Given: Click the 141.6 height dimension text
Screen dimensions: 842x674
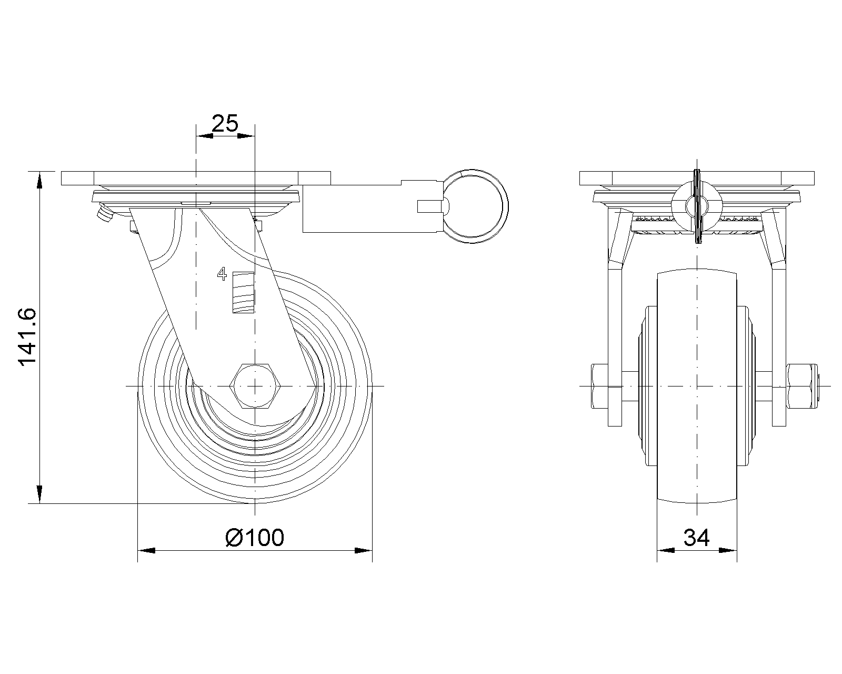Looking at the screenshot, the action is pos(27,337).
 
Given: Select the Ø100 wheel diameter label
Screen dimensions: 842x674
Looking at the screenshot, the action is pos(255,538).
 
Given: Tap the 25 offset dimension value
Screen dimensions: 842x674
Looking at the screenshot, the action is pos(225,123).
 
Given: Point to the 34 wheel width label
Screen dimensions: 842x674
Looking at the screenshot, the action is pos(696,538).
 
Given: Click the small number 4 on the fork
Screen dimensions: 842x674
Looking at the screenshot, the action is pos(222,274).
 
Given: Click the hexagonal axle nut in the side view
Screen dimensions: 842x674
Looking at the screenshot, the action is pos(255,386).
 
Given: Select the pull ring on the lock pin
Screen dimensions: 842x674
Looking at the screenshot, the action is pos(475,206).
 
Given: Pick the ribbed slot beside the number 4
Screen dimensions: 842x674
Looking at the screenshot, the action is pos(243,293).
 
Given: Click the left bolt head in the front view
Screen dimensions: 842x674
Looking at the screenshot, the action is pos(599,386).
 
